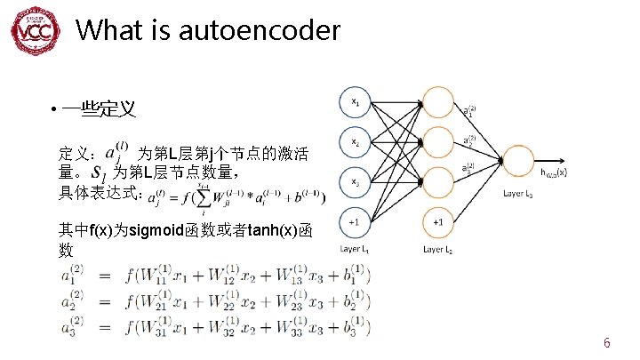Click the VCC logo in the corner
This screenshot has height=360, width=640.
(33, 33)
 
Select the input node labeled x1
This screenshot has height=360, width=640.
(355, 101)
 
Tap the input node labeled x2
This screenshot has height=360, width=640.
(355, 141)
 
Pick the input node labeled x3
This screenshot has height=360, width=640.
(355, 181)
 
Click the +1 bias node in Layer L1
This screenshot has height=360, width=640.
(355, 221)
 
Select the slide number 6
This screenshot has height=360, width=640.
(606, 342)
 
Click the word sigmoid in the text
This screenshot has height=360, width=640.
(158, 231)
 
